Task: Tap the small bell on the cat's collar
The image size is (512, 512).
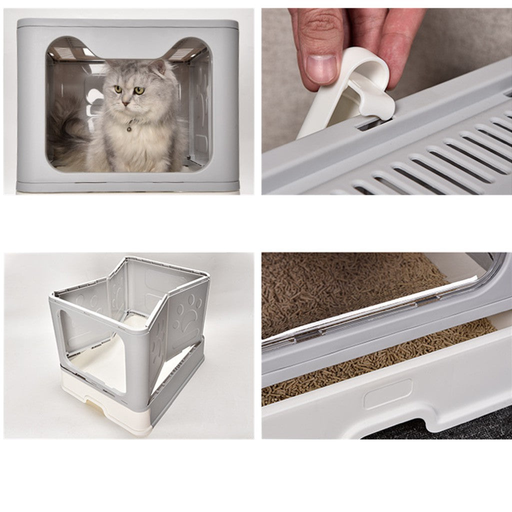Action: pyautogui.click(x=129, y=129)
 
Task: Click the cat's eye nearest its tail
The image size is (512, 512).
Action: pyautogui.click(x=118, y=89)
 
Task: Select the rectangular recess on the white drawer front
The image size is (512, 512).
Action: pyautogui.click(x=387, y=394)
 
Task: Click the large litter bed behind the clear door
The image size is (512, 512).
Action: pyautogui.click(x=340, y=290)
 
